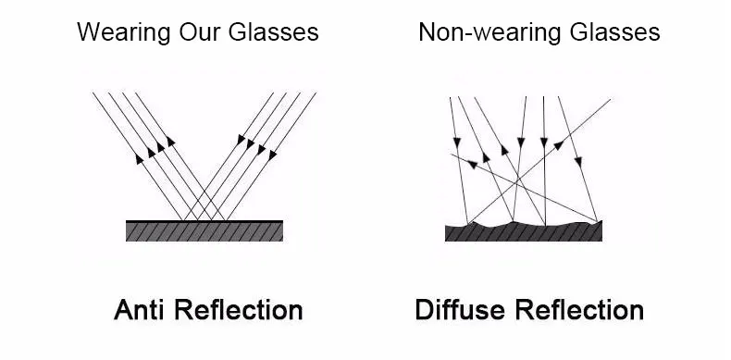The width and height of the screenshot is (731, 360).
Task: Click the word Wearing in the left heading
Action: tap(114, 32)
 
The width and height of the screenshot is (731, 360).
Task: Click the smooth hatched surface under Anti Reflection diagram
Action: tap(204, 230)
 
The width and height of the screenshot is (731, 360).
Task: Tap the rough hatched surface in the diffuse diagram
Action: tap(523, 232)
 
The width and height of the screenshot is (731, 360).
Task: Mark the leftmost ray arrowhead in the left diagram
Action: tap(141, 158)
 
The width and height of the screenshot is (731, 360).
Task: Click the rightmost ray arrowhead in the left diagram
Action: tap(272, 155)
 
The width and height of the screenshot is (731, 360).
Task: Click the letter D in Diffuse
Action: tap(425, 309)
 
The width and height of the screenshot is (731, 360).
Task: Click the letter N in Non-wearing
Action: tap(427, 32)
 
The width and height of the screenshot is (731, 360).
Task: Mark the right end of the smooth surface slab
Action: tap(281, 230)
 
